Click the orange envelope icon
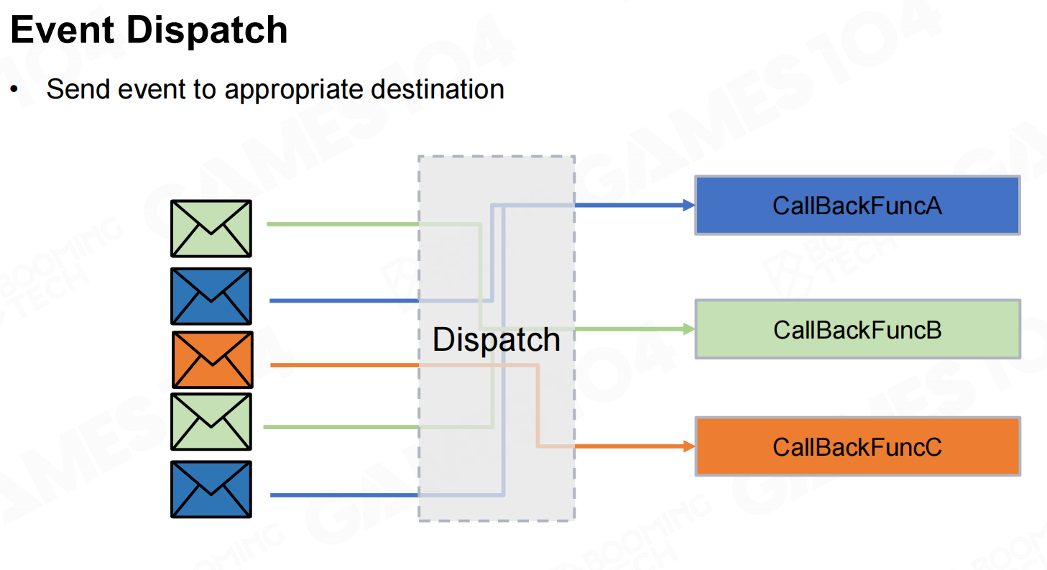click(213, 359)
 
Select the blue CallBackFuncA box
click(857, 206)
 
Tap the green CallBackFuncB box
click(857, 329)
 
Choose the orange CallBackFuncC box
click(857, 446)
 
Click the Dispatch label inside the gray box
click(496, 339)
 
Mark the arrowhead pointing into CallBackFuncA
click(689, 206)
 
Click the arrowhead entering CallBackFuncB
click(689, 329)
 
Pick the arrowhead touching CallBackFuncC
click(689, 446)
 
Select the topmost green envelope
click(211, 229)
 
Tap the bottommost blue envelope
click(211, 489)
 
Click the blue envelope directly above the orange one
click(211, 296)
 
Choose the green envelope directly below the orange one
click(211, 421)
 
